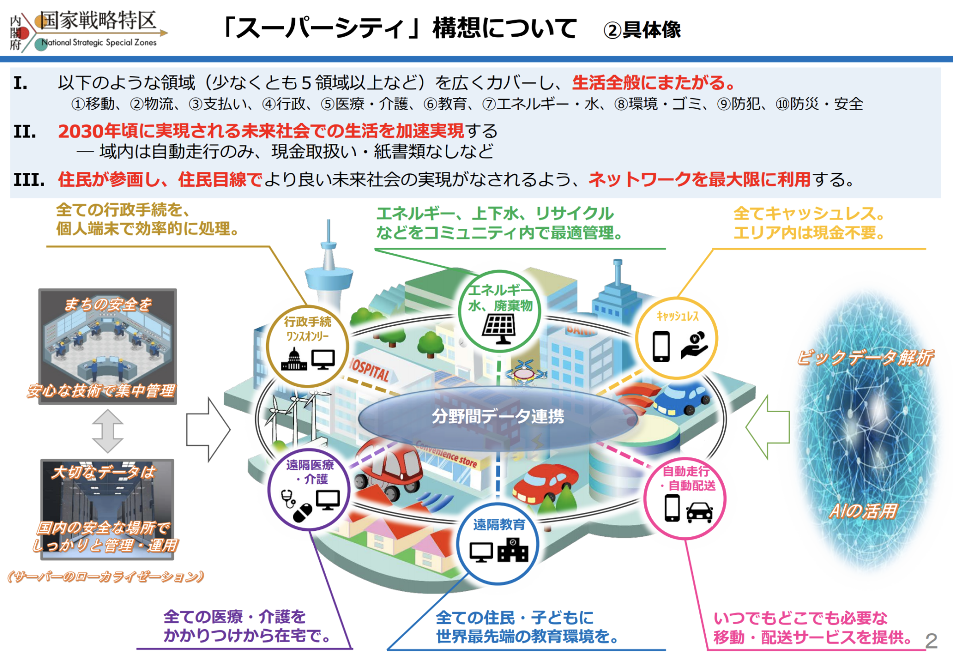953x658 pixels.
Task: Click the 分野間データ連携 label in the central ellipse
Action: (x=497, y=416)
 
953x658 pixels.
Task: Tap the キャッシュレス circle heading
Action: (x=677, y=316)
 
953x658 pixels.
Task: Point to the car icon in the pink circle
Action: (x=699, y=512)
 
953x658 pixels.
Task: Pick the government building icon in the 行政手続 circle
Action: (x=294, y=359)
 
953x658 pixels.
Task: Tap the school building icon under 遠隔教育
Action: (x=513, y=550)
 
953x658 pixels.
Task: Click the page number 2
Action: (x=931, y=641)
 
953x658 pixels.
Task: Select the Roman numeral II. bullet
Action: (x=25, y=132)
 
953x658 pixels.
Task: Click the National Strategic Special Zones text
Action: (x=99, y=43)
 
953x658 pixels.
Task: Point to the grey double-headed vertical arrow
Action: (x=108, y=431)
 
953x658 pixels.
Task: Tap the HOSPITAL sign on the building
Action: (x=370, y=370)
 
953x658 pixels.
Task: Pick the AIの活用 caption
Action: (x=864, y=511)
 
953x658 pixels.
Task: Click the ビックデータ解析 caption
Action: (x=865, y=357)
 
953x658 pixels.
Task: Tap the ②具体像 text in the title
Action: (x=642, y=30)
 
